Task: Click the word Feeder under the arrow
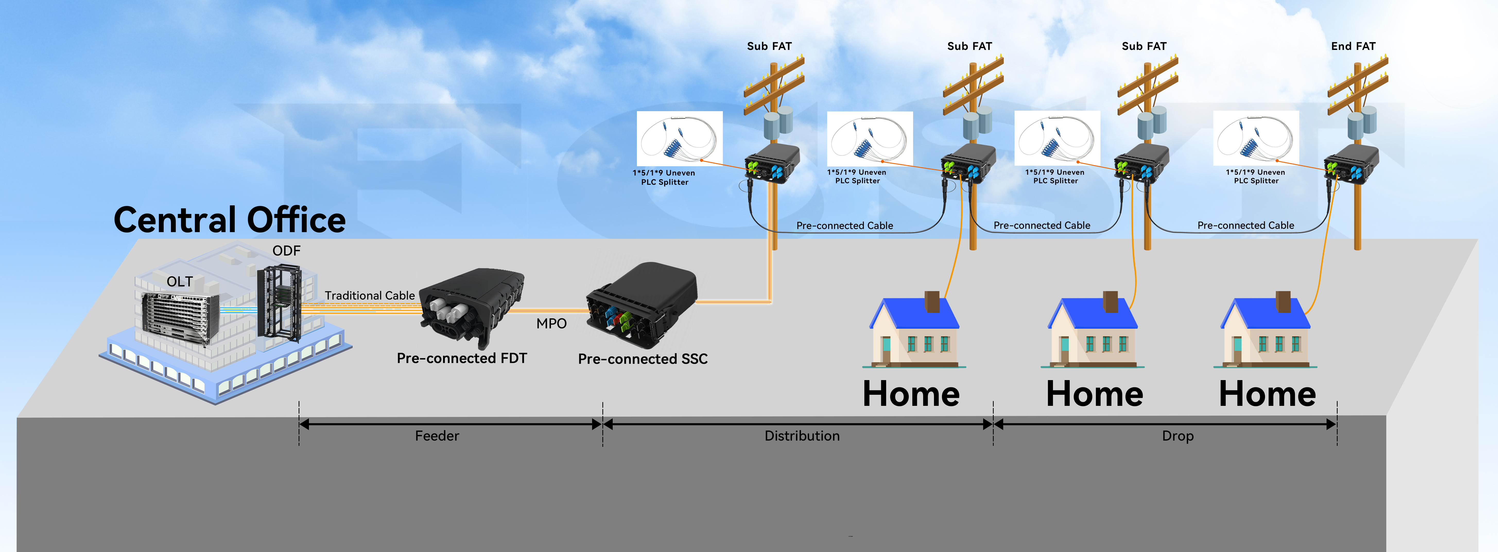click(x=437, y=436)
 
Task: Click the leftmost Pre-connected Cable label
click(x=844, y=225)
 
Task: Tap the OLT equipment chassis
click(x=180, y=317)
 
